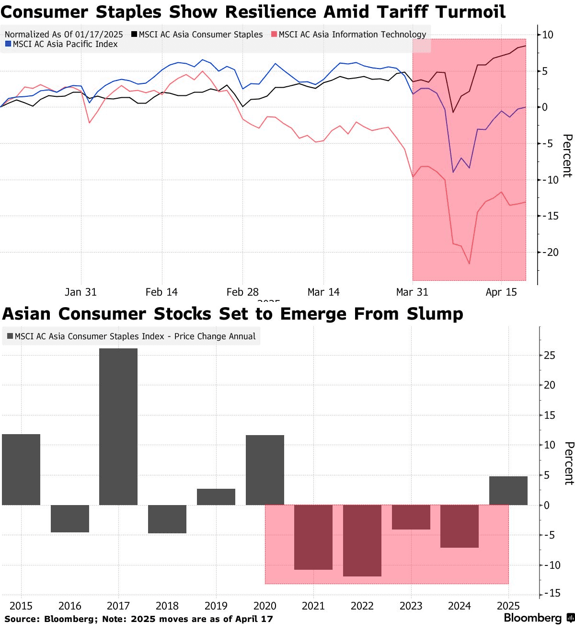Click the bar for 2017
coord(118,426)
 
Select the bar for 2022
coord(362,541)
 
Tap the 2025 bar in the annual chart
coord(508,491)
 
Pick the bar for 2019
coord(216,497)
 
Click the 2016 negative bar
coord(70,518)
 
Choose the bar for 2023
coord(411,517)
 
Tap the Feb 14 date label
coord(161,292)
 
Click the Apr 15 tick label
coord(501,292)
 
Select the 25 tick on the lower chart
coord(550,355)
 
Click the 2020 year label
coord(265,606)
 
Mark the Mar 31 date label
coord(412,292)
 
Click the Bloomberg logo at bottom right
coord(539,618)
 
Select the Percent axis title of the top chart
coord(567,156)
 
